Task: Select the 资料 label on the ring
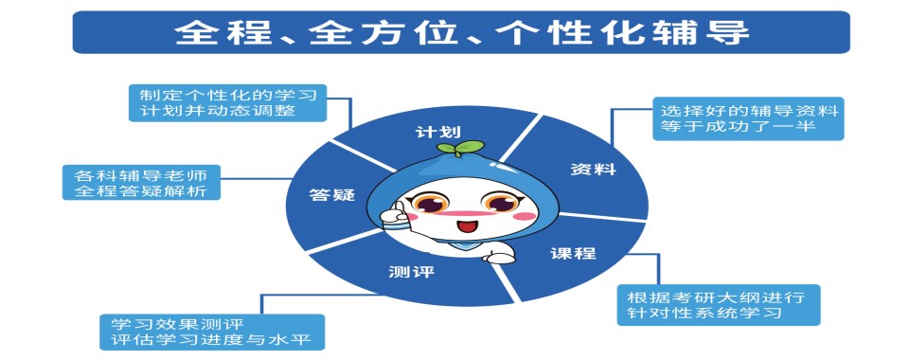593,169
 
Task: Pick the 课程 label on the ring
573,253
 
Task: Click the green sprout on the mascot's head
460,148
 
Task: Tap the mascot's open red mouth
465,227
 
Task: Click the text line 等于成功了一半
738,129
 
